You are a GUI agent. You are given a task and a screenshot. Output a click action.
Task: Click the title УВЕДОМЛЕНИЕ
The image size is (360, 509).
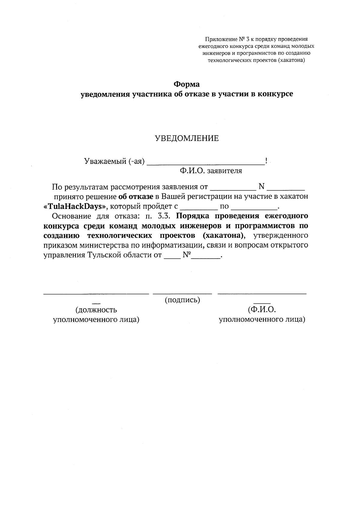point(186,138)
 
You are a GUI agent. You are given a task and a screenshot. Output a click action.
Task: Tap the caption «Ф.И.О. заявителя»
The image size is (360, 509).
point(211,171)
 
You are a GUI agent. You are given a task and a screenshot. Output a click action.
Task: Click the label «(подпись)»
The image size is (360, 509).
point(182,300)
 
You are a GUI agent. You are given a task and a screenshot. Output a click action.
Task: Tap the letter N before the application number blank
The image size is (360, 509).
point(261,187)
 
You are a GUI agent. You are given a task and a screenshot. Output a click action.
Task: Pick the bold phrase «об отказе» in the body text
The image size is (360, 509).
point(136,197)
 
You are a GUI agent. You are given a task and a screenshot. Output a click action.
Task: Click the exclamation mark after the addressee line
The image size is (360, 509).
point(266,161)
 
